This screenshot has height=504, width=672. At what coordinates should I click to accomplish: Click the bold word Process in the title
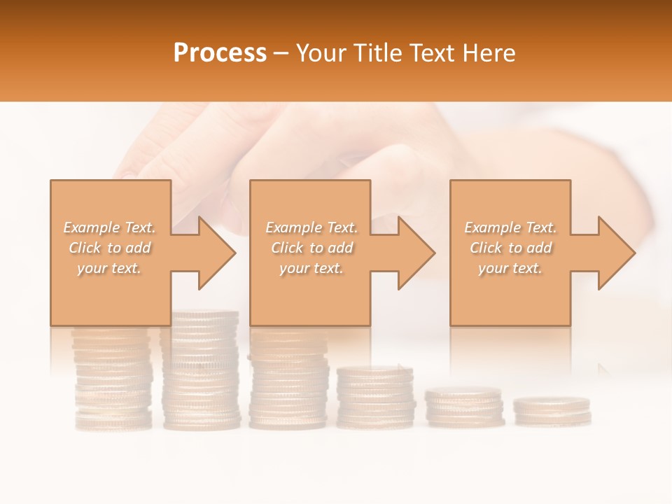point(220,52)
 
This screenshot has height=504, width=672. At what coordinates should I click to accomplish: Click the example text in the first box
point(110,248)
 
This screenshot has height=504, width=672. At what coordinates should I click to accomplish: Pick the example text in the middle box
point(311,248)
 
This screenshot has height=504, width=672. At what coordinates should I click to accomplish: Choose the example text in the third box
point(510,248)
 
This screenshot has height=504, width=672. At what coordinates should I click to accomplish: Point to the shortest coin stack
point(552,411)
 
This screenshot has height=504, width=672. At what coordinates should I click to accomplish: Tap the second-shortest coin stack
point(464,407)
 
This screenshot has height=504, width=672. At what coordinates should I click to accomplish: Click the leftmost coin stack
point(112,378)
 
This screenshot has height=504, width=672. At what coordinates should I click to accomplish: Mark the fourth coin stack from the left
point(375,397)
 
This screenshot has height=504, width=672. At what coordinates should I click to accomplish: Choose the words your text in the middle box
point(311,268)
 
